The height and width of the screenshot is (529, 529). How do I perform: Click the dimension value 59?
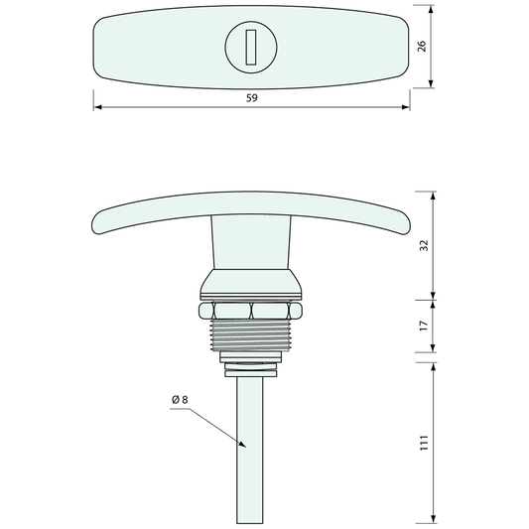coord(252,98)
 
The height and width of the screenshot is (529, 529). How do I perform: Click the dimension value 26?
coord(422,47)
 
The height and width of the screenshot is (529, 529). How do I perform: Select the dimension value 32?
coord(424,245)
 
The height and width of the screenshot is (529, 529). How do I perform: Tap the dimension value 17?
coord(424,326)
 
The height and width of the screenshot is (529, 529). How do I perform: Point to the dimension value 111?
coord(424,443)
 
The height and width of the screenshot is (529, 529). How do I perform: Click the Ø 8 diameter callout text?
coord(180,400)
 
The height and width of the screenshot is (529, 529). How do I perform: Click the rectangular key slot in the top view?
coord(251,47)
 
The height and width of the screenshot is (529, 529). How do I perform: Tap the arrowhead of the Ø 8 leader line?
coord(242,445)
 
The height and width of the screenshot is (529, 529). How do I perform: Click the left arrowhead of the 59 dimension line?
coord(97,107)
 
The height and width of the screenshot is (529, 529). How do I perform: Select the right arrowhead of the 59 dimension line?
coord(406,107)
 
